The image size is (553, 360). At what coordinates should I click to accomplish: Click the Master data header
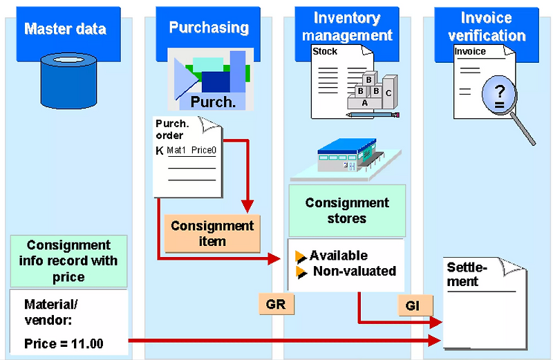(66, 29)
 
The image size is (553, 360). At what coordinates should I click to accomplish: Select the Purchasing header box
(209, 28)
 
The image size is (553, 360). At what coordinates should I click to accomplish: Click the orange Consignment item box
(212, 233)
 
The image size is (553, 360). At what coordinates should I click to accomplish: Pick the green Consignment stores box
(347, 211)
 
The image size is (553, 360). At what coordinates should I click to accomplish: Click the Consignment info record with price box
(68, 261)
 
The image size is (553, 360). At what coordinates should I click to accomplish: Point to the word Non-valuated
(354, 271)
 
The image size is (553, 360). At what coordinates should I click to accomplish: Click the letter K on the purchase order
(160, 149)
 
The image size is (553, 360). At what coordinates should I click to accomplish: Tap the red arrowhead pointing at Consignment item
(247, 206)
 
